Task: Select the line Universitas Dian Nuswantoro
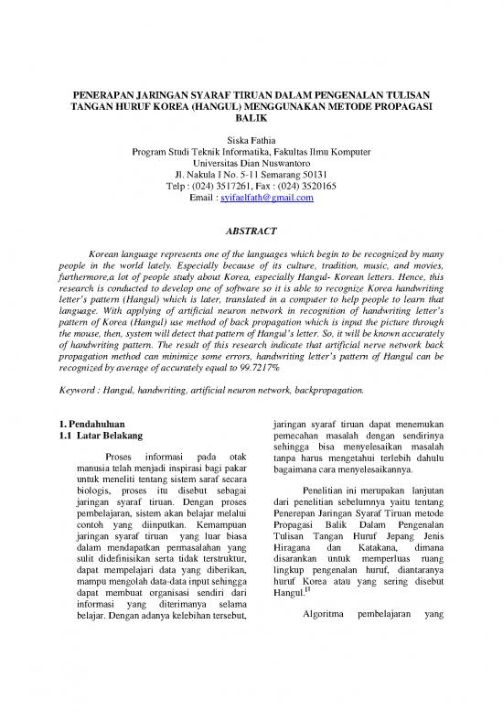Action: [251, 154]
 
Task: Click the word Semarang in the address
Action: [272, 168]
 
